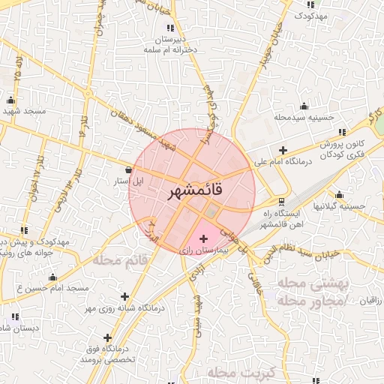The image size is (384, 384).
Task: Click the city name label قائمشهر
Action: pyautogui.click(x=192, y=192)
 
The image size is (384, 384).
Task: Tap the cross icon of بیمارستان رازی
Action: pyautogui.click(x=203, y=238)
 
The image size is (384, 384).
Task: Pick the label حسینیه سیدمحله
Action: pyautogui.click(x=303, y=117)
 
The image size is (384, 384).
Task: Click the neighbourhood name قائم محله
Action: pyautogui.click(x=122, y=259)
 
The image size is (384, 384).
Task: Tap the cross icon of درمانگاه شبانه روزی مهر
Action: pyautogui.click(x=124, y=297)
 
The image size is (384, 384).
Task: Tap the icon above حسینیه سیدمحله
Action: pyautogui.click(x=303, y=106)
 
